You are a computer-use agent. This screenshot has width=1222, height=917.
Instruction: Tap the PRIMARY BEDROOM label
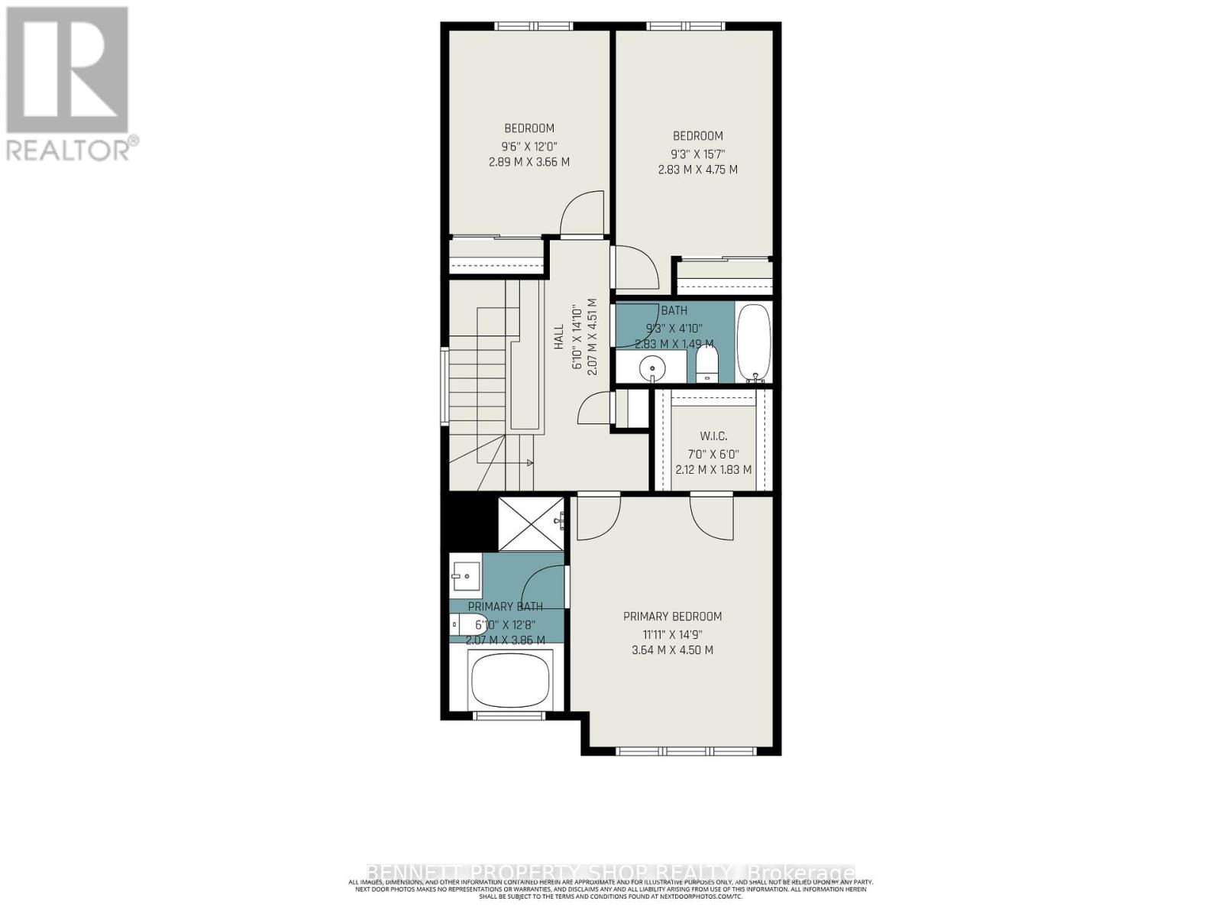coord(672,617)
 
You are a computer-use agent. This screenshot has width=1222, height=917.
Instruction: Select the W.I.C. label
coord(713,436)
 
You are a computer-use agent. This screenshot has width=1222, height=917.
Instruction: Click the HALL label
coord(559,337)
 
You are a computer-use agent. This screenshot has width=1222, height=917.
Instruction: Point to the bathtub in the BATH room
coord(754,342)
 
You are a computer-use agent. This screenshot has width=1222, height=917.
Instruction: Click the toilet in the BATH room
coord(707,365)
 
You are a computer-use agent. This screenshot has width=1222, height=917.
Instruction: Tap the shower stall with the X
coord(530,523)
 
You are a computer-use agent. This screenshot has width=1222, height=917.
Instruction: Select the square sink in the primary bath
coord(465,575)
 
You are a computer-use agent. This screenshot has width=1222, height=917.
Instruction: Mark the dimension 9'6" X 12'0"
coord(529,146)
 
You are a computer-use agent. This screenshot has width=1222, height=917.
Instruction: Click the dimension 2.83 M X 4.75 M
coord(697,170)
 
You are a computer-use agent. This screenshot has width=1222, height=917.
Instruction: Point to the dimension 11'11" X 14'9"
coord(672,634)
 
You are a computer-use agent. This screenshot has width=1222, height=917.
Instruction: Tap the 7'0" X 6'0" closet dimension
coord(713,453)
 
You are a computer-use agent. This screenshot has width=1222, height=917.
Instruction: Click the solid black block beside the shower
coord(468,521)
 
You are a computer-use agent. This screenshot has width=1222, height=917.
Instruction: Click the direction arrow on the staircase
coord(529,463)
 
